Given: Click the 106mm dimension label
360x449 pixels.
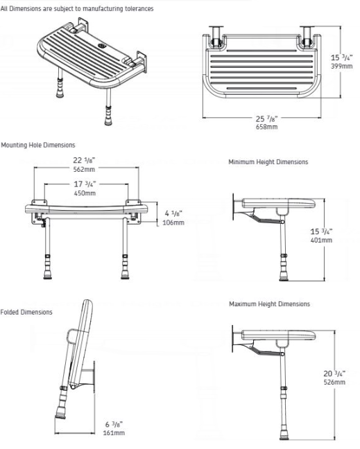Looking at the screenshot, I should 174,222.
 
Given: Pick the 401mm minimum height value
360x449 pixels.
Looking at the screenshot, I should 322,240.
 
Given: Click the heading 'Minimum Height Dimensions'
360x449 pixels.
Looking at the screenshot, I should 268,162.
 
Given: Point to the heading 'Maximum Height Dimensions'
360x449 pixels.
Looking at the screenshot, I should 269,303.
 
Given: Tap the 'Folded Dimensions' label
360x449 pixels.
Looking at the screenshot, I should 26,312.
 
